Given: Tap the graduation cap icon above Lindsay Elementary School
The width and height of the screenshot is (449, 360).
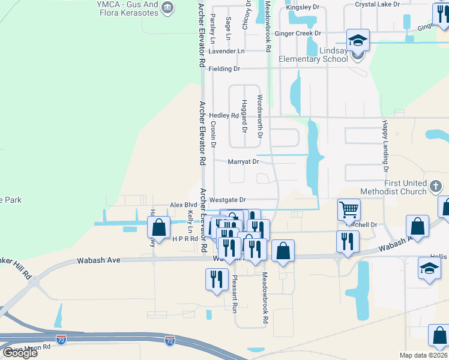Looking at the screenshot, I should tap(358, 41).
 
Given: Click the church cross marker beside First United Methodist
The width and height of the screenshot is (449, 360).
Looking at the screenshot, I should tap(436, 187).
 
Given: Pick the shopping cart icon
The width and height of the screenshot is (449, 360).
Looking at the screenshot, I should tap(349, 210).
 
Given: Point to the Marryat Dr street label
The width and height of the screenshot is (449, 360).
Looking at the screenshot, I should tap(243, 161).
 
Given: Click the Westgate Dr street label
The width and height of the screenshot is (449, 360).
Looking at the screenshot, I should tap(228, 200).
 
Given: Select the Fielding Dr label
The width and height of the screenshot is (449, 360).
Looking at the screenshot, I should tap(224, 69).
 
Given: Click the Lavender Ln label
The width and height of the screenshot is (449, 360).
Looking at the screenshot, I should tap(227, 51).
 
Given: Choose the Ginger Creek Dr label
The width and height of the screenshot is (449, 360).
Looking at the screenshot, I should tap(298, 34).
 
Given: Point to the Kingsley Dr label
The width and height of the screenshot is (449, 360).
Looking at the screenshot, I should tap(302, 7).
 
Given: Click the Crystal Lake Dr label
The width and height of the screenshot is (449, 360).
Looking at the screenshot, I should tap(377, 4).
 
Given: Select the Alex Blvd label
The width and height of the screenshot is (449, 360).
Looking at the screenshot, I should tap(184, 205).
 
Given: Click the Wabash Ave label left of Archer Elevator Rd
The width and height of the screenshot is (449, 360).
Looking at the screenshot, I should tap(99, 260).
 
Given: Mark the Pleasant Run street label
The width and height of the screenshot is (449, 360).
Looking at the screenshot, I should tap(235, 292).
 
